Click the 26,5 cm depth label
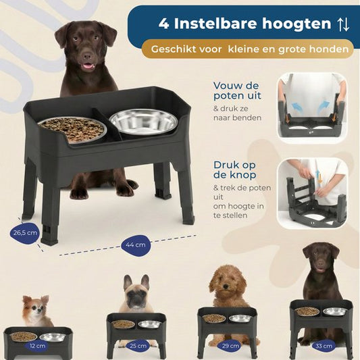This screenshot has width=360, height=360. [x=25, y=233]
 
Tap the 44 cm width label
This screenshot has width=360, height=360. [x=136, y=245]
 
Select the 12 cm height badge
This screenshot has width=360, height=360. [x=38, y=346]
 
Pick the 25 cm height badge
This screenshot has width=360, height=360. [x=138, y=346]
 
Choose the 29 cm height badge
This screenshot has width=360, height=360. [x=230, y=346]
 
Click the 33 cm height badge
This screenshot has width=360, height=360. [x=324, y=346]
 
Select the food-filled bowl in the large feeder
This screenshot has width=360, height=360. [x=72, y=129]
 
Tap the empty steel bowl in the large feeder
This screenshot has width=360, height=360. [x=143, y=122]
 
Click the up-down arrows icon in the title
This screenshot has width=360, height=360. [x=344, y=24]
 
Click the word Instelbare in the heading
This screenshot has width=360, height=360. [x=216, y=24]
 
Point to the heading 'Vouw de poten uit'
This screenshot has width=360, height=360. [x=237, y=91]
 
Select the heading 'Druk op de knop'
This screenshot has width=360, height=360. [x=234, y=170]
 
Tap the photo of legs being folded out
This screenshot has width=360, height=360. [x=312, y=108]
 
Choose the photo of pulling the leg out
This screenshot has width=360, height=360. [x=312, y=193]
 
